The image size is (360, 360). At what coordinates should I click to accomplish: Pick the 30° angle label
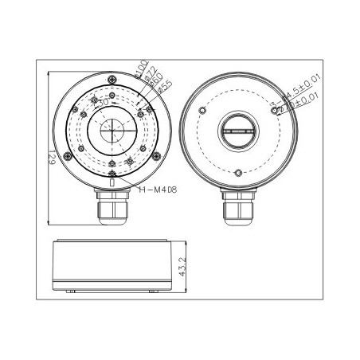(101, 103)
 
